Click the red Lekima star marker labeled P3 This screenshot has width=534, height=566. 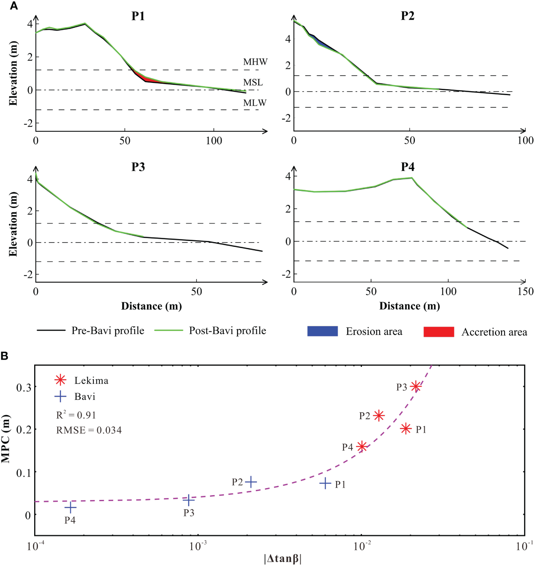coord(416,386)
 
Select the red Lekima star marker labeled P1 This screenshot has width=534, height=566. coord(406,428)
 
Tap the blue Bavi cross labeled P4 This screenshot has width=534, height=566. coord(70,507)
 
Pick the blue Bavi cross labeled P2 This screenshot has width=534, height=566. coord(251,482)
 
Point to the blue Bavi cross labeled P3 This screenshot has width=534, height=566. coord(189,500)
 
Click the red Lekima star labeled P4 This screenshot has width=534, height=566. coord(362,447)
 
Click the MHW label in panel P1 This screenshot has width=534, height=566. coord(255,62)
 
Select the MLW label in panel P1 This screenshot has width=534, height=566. coord(255,103)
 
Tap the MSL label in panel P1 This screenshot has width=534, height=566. coord(253,82)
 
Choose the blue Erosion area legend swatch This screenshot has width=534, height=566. coord(322,331)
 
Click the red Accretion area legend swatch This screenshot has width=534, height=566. coord(439,332)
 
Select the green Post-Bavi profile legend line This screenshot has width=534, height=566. coord(169,331)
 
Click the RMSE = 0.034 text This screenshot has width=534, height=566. coord(89,430)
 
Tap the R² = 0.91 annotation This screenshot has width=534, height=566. coord(76,415)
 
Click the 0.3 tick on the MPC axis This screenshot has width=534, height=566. coord(24,387)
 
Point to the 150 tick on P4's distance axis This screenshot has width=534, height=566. coord(525,291)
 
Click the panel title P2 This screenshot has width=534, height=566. coord(407,16)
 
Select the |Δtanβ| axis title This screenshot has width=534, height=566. coord(283,558)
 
